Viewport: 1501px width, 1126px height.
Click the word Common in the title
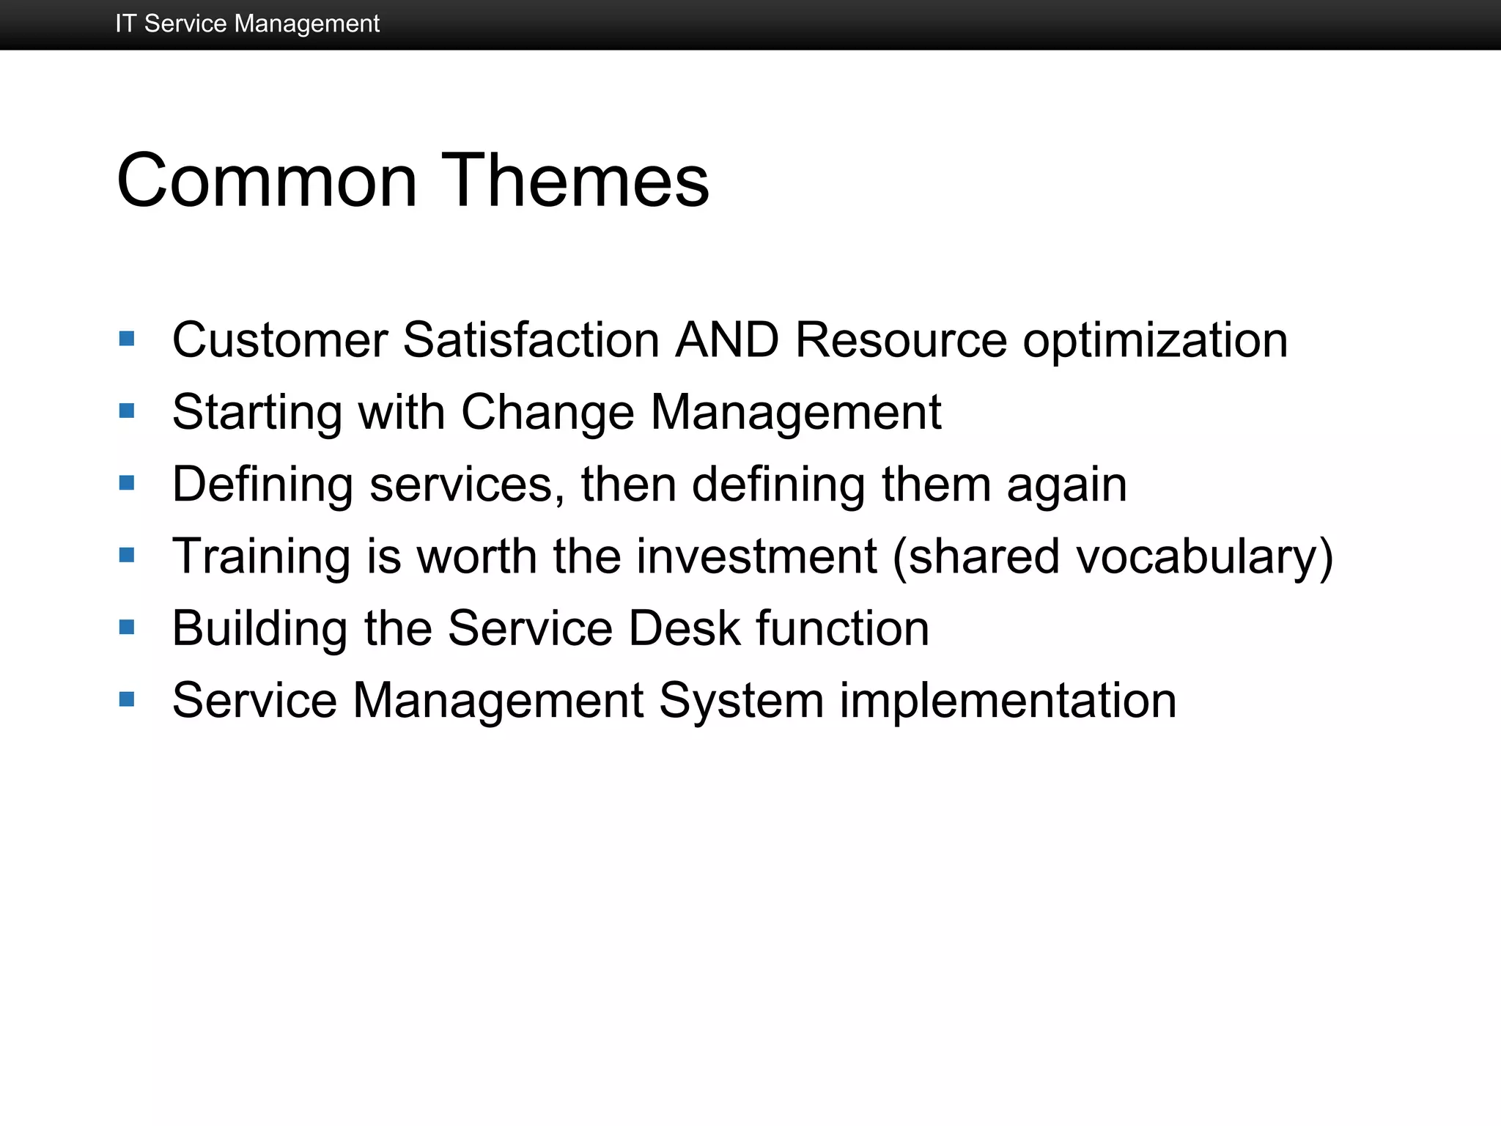pyautogui.click(x=267, y=180)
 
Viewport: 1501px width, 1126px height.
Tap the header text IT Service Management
pyautogui.click(x=247, y=23)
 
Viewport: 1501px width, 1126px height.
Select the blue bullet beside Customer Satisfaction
pyautogui.click(x=127, y=339)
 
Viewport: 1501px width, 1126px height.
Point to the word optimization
pyautogui.click(x=1155, y=342)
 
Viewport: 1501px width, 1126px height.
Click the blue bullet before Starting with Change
pyautogui.click(x=127, y=411)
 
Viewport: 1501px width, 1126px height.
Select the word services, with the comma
pyautogui.click(x=467, y=485)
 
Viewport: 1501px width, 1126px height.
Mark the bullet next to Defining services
pyautogui.click(x=127, y=482)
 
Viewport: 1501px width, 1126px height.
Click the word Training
pyautogui.click(x=261, y=557)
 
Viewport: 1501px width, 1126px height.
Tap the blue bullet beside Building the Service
pyautogui.click(x=127, y=627)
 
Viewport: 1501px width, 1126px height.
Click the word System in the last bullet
pyautogui.click(x=741, y=702)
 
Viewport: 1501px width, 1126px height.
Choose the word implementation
pyautogui.click(x=1008, y=702)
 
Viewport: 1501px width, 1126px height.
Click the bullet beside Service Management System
pyautogui.click(x=127, y=699)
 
